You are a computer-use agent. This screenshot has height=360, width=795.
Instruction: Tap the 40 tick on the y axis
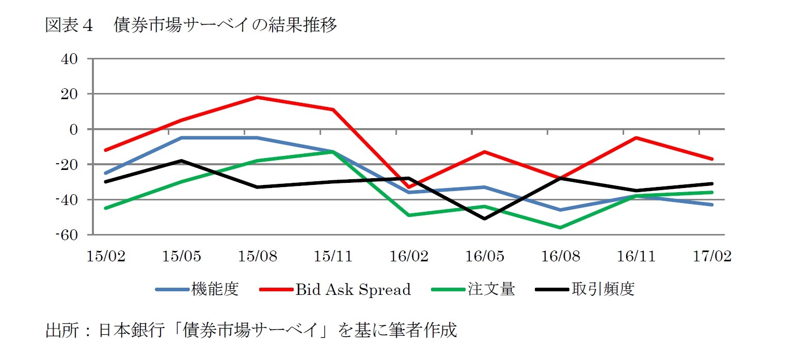pyautogui.click(x=70, y=59)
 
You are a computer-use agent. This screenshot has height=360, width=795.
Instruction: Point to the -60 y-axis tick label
pyautogui.click(x=67, y=235)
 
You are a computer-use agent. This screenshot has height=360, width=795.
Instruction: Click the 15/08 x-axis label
pyautogui.click(x=257, y=256)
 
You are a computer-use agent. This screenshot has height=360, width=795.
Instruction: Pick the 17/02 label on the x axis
pyautogui.click(x=712, y=256)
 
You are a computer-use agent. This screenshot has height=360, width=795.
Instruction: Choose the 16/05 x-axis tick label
pyautogui.click(x=485, y=256)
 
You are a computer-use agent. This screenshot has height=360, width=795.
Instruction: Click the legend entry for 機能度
pyautogui.click(x=214, y=289)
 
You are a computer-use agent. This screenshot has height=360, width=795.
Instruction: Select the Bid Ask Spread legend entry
pyautogui.click(x=353, y=289)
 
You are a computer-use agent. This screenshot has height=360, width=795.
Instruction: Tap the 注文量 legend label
pyautogui.click(x=491, y=289)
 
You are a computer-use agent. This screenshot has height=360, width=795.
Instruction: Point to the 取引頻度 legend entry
pyautogui.click(x=603, y=289)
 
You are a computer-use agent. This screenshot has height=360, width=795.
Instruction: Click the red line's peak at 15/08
pyautogui.click(x=257, y=97)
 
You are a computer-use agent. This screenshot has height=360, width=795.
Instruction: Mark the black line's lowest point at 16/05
pyautogui.click(x=485, y=218)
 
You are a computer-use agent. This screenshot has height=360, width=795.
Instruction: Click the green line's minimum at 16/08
pyautogui.click(x=561, y=227)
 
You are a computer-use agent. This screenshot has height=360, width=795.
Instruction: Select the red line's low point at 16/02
pyautogui.click(x=409, y=187)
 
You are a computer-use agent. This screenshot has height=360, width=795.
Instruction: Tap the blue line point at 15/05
pyautogui.click(x=181, y=138)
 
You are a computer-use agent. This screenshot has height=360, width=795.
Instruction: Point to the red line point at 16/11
pyautogui.click(x=637, y=138)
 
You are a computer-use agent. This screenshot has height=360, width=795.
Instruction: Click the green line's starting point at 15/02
pyautogui.click(x=106, y=208)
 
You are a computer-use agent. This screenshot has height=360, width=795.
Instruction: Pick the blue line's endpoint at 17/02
pyautogui.click(x=712, y=205)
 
